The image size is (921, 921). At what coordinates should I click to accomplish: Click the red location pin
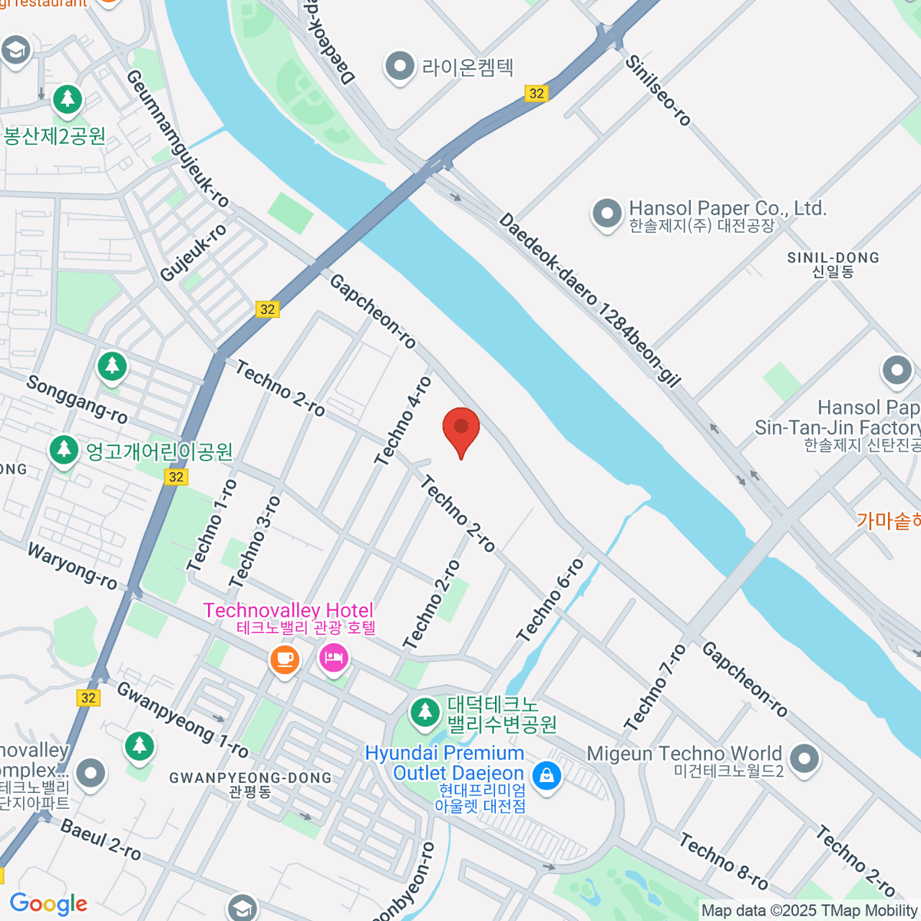pos(461,427)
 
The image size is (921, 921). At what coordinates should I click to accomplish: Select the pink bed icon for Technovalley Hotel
pos(334,658)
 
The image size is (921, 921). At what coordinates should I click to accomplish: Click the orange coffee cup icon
pos(285,659)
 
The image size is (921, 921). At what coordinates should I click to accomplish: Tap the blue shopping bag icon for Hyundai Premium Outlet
pos(546,775)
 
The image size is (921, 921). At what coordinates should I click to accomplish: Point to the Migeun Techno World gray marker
pos(804,758)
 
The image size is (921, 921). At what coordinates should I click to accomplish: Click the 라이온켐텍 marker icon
pos(399,67)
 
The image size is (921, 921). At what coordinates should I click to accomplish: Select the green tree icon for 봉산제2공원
pos(68,100)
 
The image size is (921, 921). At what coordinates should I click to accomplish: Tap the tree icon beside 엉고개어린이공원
pos(64,450)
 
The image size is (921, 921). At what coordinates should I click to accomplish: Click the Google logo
pos(48,903)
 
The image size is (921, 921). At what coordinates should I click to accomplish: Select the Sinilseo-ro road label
pos(658,90)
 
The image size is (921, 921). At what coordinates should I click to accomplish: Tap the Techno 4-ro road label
pos(403,421)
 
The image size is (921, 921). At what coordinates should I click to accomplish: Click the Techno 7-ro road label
pos(655,687)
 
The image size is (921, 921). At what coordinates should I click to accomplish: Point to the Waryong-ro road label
pos(73,566)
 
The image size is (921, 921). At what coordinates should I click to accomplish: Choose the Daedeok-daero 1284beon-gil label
pos(589,300)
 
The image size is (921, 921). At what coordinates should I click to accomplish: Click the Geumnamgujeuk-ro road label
pos(177,138)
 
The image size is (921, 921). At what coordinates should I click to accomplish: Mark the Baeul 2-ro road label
pos(101,840)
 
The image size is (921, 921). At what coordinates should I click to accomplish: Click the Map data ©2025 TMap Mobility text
pos(809,910)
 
